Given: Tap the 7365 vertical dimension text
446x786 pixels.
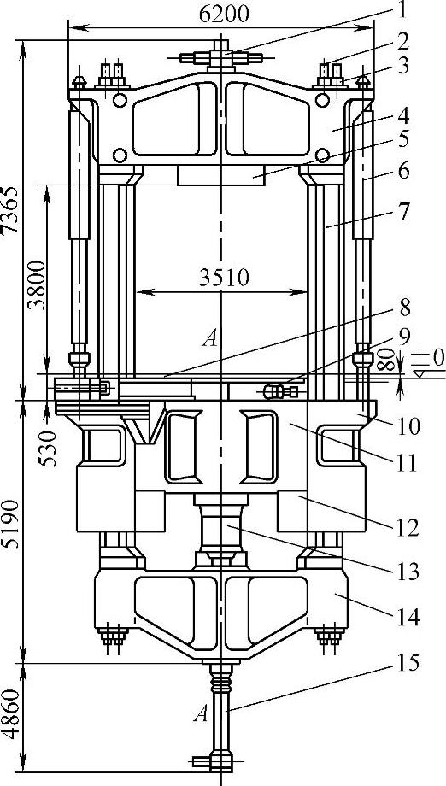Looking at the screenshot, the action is [9, 210].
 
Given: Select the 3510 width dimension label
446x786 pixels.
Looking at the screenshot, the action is [224, 279].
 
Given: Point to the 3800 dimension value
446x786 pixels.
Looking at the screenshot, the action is [36, 285].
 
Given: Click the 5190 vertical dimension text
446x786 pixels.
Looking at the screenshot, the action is [9, 524].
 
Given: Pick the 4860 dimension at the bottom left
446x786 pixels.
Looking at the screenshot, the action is [9, 714].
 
